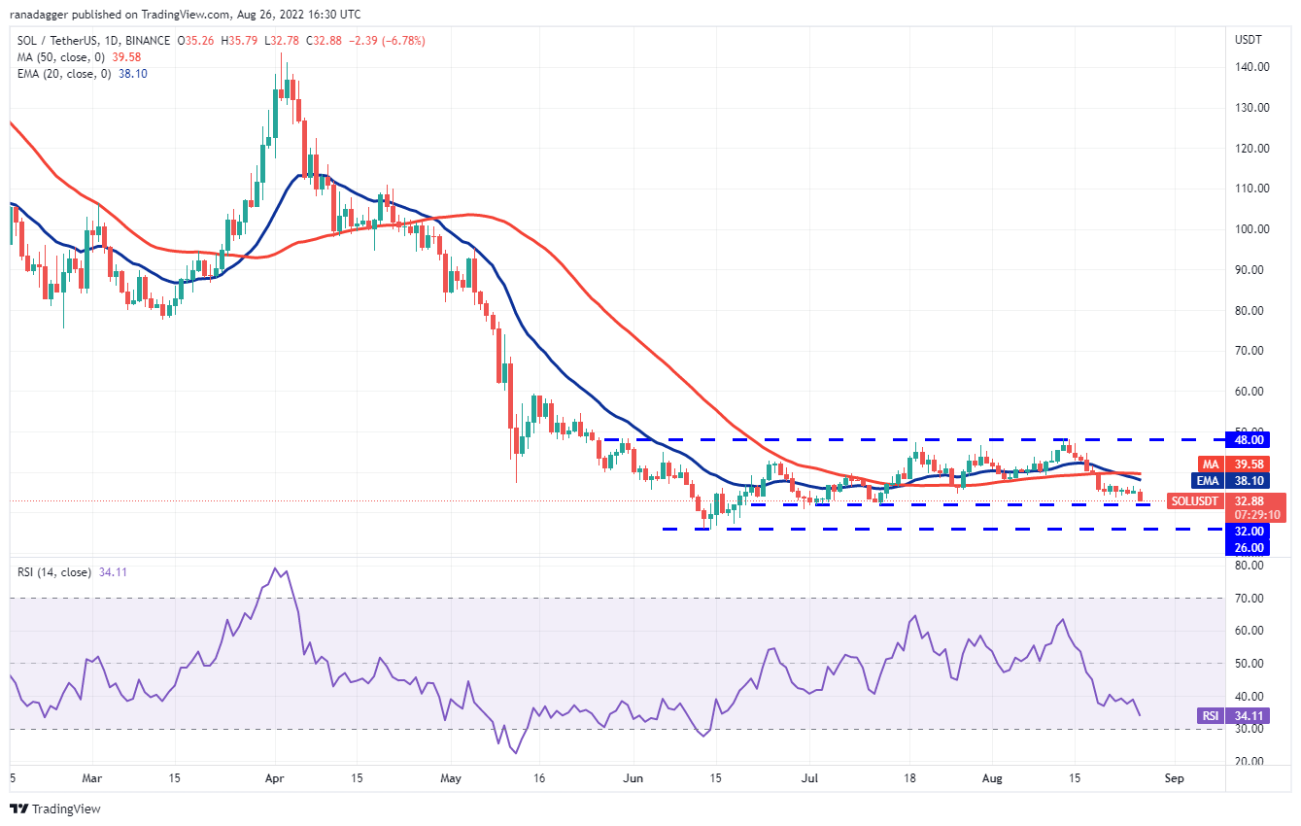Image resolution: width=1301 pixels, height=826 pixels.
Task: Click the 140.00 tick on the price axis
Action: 1252,67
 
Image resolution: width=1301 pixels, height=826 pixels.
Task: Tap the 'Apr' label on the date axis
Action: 275,778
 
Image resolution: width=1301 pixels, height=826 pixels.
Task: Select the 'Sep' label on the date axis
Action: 1174,778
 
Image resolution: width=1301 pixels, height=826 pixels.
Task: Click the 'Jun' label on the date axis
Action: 633,778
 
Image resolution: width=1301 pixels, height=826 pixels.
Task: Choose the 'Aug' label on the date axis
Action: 992,778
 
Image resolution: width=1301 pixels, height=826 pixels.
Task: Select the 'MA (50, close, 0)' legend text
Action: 61,56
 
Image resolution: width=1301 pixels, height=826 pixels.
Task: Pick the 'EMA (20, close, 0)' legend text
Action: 64,73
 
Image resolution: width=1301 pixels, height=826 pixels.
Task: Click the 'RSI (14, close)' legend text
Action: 52,572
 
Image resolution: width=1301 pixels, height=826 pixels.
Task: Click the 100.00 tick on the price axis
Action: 1252,229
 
